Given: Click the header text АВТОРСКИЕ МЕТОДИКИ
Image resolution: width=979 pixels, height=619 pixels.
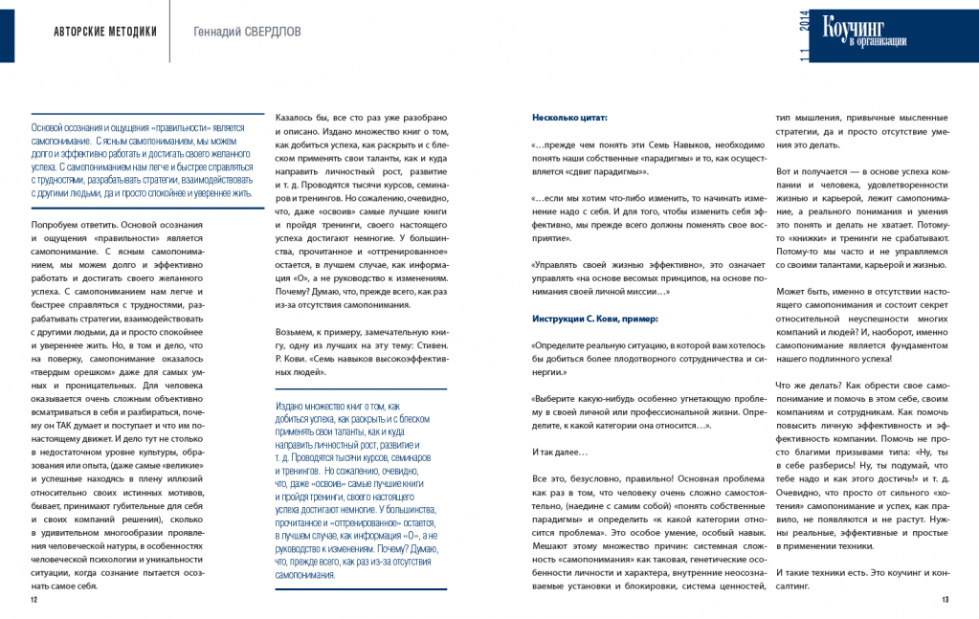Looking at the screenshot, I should [105, 31].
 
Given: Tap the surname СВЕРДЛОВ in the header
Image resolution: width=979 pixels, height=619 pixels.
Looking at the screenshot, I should [269, 31].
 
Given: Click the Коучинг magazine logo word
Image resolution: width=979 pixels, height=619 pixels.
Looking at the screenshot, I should [857, 27].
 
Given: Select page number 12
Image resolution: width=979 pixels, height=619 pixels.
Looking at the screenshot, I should [33, 600].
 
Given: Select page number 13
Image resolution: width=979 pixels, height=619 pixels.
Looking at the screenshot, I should [945, 600].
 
